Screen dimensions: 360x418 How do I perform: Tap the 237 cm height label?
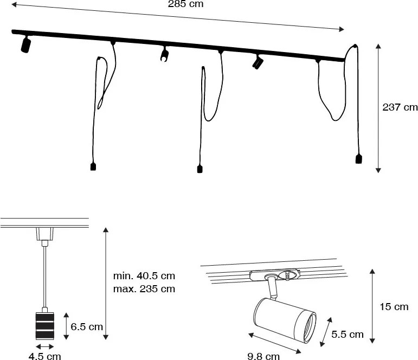pos(400,107)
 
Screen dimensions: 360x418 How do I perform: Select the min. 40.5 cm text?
pos(144,275)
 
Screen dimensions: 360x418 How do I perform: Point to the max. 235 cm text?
pos(144,288)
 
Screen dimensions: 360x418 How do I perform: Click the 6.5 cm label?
pos(88,326)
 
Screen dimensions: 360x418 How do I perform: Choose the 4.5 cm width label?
pos(45,356)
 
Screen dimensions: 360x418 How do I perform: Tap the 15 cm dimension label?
pos(394,307)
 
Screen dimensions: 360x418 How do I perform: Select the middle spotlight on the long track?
pos(164,54)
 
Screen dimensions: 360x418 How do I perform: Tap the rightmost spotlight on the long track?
pos(257,62)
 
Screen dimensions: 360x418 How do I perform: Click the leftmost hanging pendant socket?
pos(93,166)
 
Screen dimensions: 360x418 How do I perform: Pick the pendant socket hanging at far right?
pos(358,158)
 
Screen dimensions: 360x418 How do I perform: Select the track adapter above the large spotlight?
pos(274,275)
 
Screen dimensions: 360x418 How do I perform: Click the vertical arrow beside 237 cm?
pos(378,108)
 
